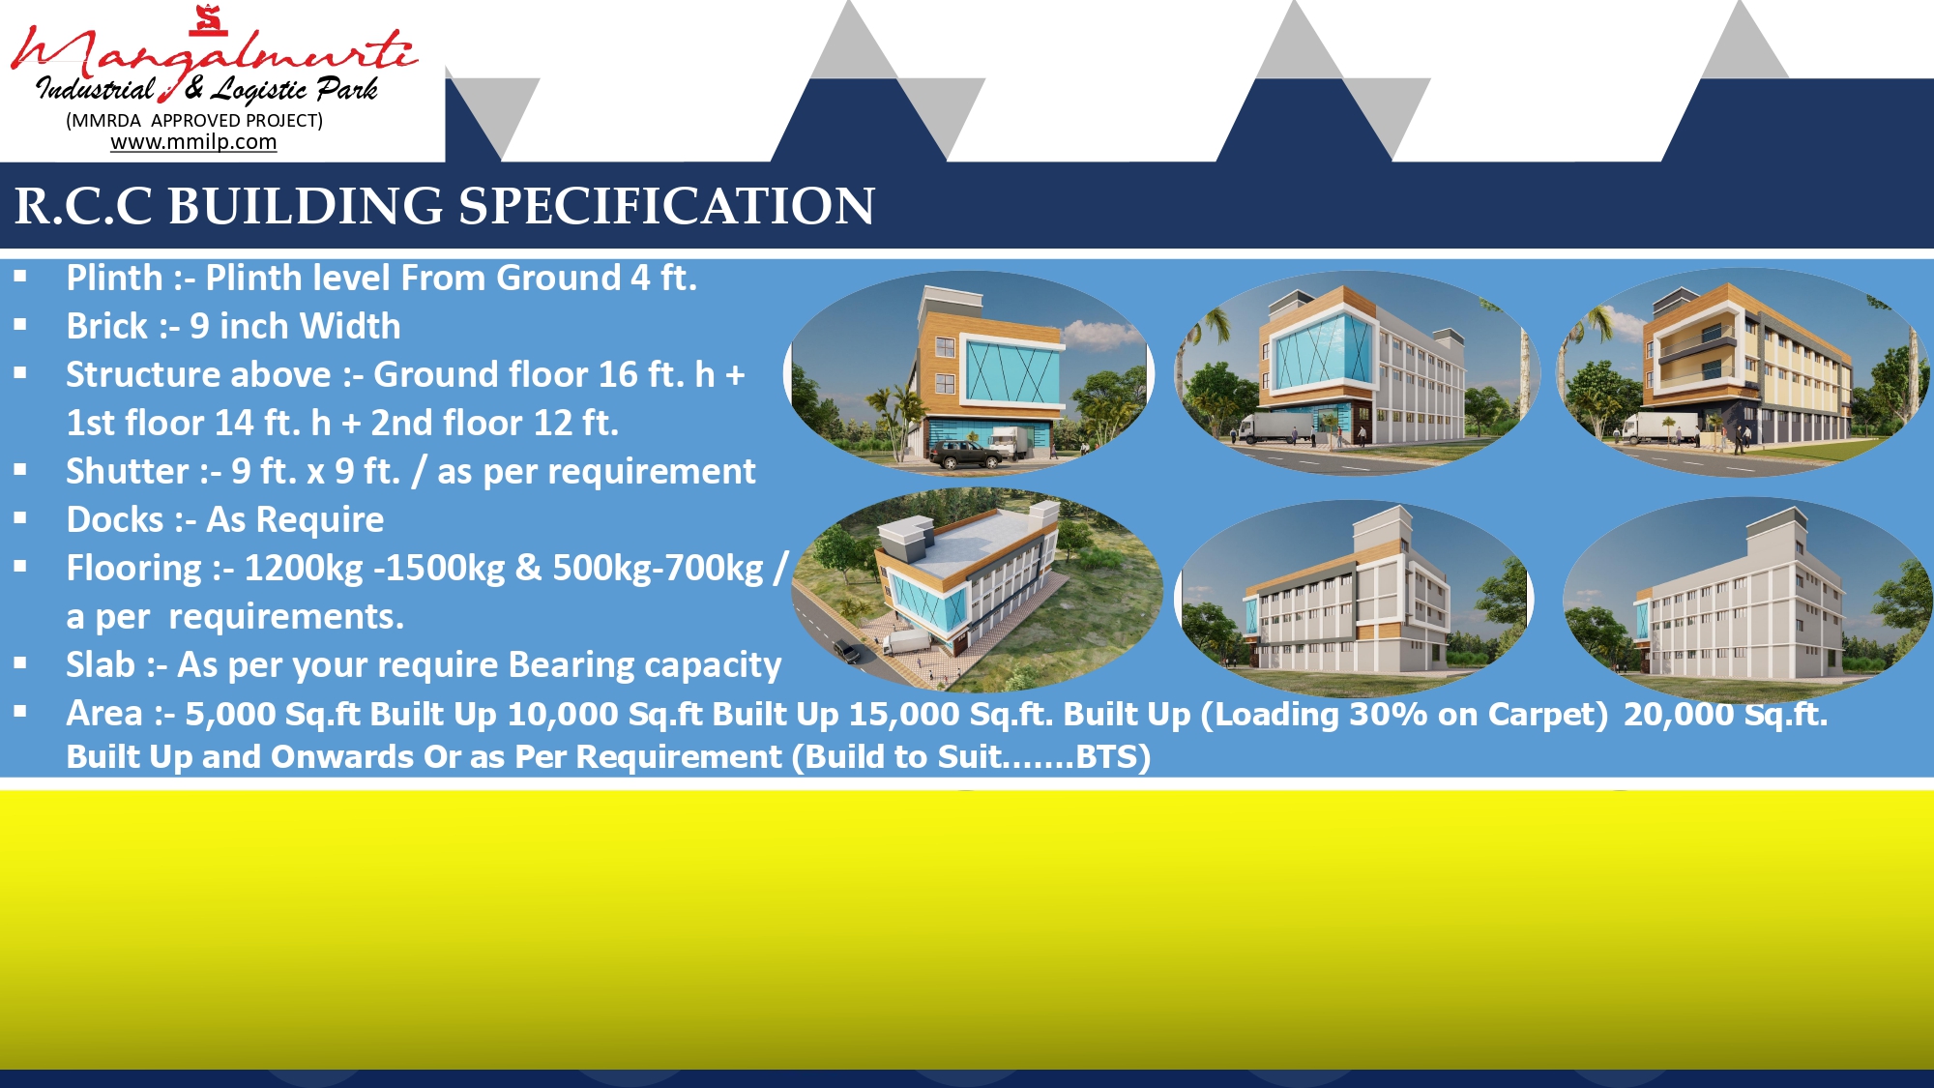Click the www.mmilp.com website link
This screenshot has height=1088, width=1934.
point(193,142)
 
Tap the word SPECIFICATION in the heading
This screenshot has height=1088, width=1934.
point(666,206)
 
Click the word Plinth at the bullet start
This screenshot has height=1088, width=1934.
point(114,279)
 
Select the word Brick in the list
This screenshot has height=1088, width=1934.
point(107,327)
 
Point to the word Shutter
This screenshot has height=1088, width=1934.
point(128,472)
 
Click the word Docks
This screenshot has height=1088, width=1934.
point(115,520)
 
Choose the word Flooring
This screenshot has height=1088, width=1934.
point(133,569)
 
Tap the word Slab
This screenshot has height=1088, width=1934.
point(101,665)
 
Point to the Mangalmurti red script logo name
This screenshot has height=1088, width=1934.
point(214,53)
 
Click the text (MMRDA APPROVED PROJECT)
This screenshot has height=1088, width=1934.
point(194,120)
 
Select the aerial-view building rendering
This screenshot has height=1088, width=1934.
point(976,591)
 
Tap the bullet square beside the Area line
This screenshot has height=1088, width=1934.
point(20,711)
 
